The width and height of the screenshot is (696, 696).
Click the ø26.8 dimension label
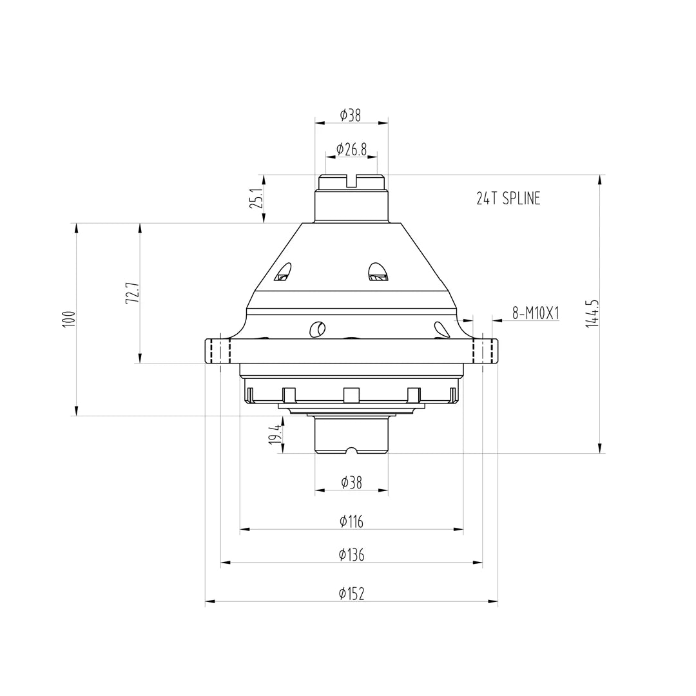351,150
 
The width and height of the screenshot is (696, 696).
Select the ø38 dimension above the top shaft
351,115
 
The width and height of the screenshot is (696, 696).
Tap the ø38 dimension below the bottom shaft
351,483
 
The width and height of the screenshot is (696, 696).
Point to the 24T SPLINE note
508,199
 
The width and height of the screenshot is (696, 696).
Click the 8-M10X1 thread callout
536,313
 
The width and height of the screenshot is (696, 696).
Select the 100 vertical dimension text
70,319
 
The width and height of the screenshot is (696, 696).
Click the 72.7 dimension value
133,293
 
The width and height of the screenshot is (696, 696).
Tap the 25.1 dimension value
256,198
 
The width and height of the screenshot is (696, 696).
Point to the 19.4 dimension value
276,434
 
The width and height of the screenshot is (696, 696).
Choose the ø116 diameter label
351,522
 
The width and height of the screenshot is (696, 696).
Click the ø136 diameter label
351,555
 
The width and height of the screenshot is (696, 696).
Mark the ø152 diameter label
351,594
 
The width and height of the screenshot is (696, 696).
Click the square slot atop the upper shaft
351,181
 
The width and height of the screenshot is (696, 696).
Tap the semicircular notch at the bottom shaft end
351,450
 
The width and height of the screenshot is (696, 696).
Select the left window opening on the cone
283,272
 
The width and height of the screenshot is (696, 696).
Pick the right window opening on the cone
377,272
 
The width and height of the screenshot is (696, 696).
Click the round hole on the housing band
318,329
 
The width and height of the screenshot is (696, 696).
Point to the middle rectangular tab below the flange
351,394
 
